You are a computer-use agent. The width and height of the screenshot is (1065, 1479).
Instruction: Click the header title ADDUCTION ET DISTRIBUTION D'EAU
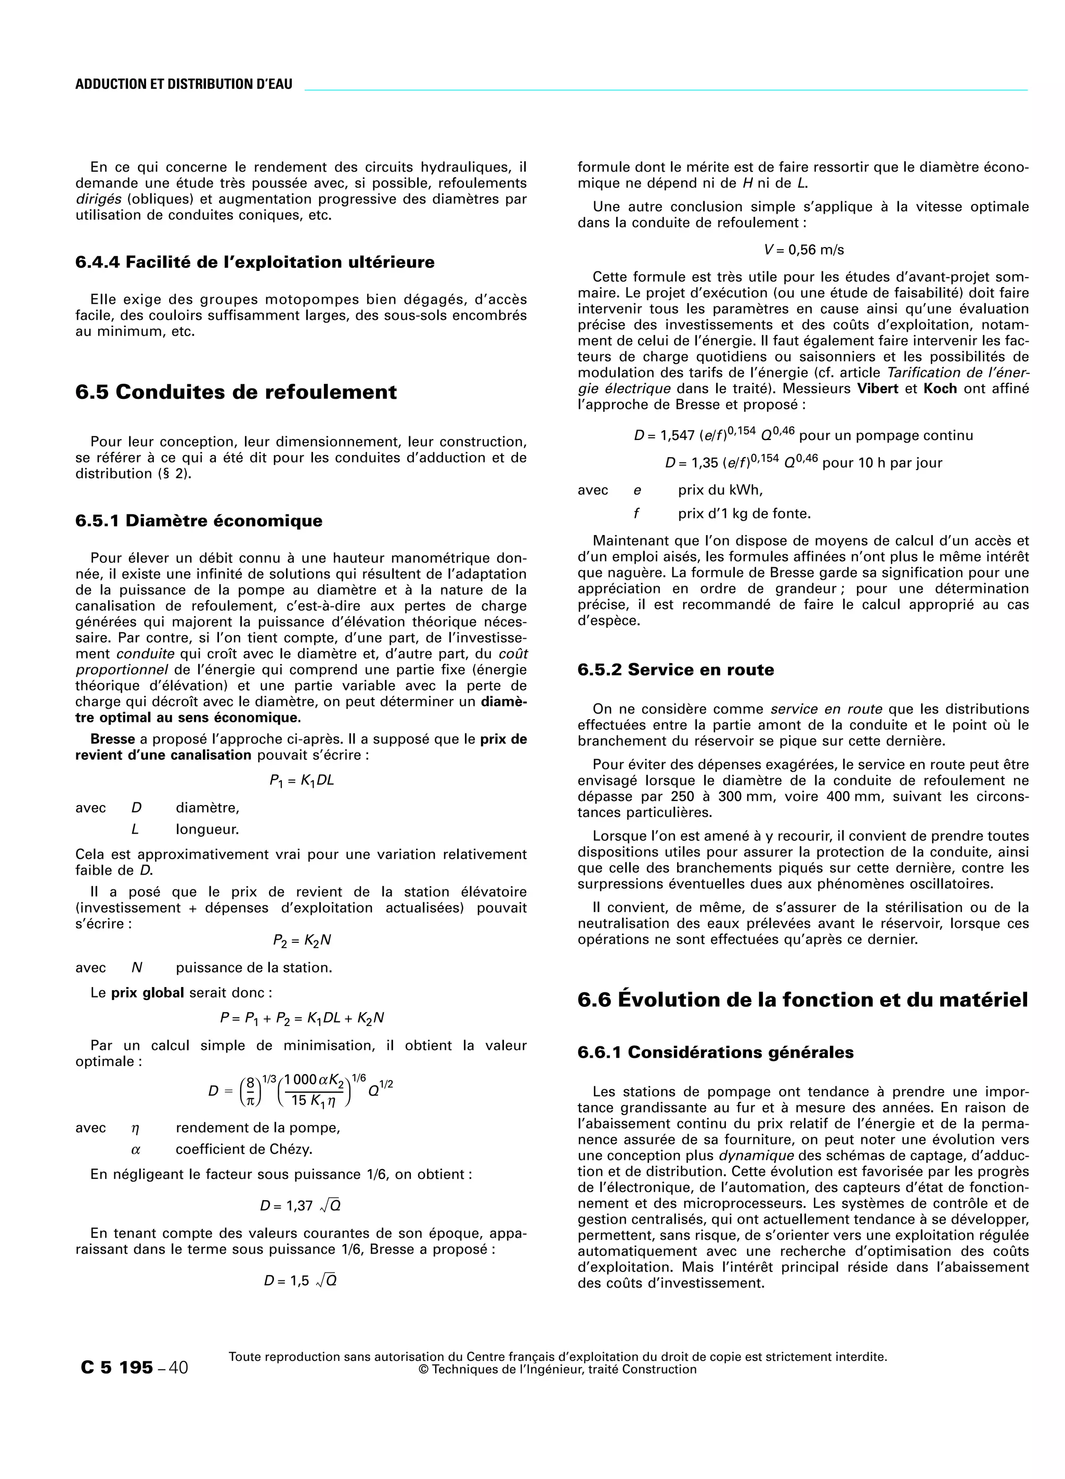[184, 84]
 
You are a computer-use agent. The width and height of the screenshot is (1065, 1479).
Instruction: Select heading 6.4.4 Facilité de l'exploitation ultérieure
[254, 262]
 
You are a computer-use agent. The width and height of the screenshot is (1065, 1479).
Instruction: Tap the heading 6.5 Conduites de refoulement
[236, 392]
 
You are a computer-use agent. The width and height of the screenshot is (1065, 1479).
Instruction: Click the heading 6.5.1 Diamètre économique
[199, 521]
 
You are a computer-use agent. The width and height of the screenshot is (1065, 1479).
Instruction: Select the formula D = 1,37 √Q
[300, 1206]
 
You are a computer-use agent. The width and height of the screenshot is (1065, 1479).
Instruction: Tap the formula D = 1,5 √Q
[300, 1281]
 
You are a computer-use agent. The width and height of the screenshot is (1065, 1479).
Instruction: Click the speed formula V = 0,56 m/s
[803, 250]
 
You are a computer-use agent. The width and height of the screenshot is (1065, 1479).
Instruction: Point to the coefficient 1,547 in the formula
[679, 436]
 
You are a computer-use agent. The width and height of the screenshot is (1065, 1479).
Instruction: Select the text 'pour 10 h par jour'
[882, 463]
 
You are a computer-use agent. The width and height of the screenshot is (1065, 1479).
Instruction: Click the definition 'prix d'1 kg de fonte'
[744, 513]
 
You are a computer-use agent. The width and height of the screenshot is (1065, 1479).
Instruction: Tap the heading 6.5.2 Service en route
[676, 670]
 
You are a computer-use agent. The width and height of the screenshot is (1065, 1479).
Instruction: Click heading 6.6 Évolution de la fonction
[802, 1000]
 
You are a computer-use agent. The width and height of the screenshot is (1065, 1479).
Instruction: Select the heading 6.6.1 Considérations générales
[716, 1052]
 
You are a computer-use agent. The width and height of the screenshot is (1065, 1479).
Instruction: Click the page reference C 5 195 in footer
[118, 1368]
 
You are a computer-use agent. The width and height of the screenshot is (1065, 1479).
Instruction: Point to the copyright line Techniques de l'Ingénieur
[557, 1369]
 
